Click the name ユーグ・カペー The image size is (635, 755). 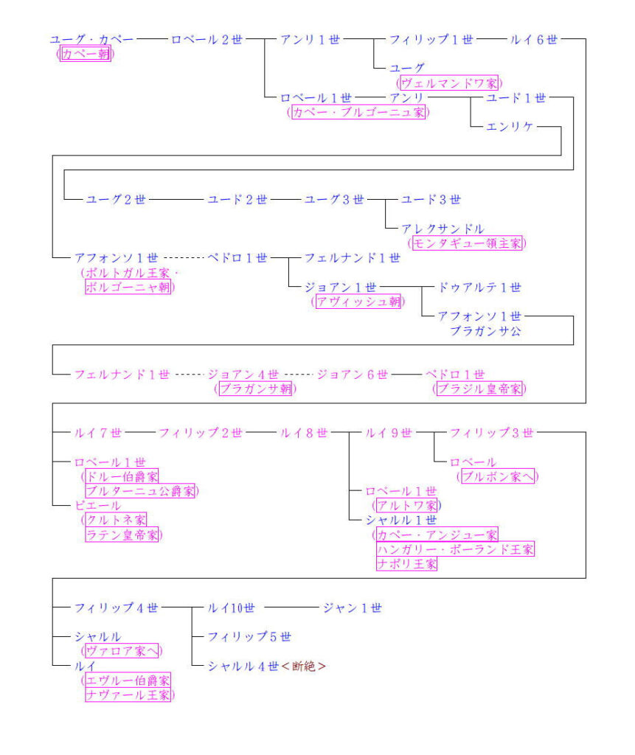[91, 40]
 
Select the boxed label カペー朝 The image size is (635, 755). [86, 54]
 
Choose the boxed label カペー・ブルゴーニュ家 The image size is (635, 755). [358, 112]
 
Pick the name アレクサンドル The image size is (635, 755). [443, 229]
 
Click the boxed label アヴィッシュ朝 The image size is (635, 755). [358, 301]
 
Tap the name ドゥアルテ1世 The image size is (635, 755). [479, 287]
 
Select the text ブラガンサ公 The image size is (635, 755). [485, 331]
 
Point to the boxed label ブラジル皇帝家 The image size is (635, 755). [479, 389]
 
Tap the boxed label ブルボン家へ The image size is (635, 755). [498, 476]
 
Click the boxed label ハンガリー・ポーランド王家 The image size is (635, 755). [455, 549]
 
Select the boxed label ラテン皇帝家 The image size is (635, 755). [122, 535]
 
